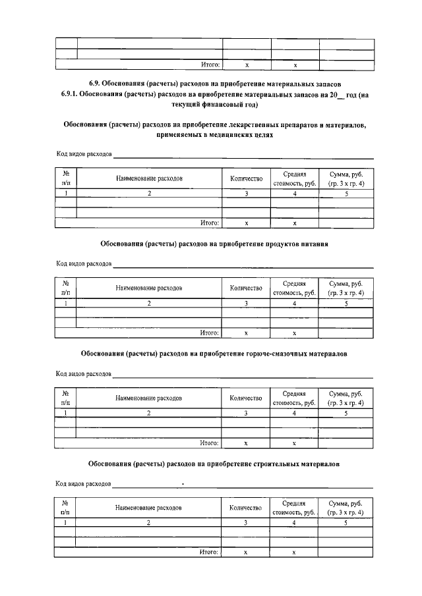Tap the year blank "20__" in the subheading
pyautogui.click(x=330, y=95)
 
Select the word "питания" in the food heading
pyautogui.click(x=313, y=243)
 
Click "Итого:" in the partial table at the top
pyautogui.click(x=210, y=65)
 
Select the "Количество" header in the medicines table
pyautogui.click(x=246, y=178)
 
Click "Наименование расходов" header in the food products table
pyautogui.click(x=148, y=288)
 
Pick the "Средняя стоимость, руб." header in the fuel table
pyautogui.click(x=295, y=398)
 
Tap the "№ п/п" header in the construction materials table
pyautogui.click(x=65, y=508)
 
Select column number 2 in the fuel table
pyautogui.click(x=148, y=413)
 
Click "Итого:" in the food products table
pyautogui.click(x=210, y=333)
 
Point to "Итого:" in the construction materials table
pyautogui.click(x=210, y=553)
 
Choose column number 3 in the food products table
pyautogui.click(x=246, y=303)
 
